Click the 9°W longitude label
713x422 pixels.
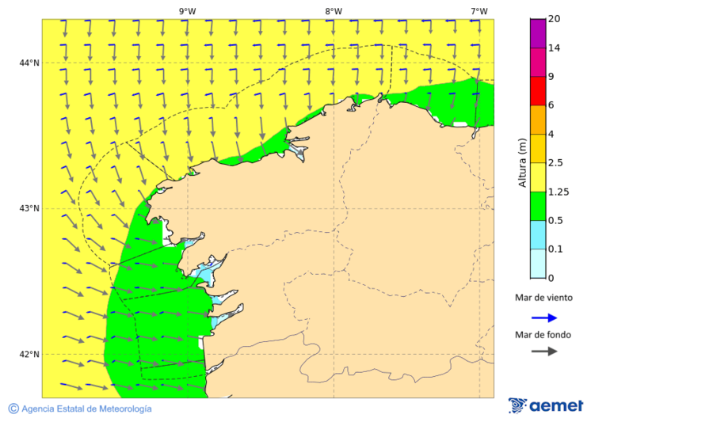click(x=187, y=11)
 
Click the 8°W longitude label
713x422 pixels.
click(x=334, y=11)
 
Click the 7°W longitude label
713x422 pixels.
click(x=479, y=11)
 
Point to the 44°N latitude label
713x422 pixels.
click(x=29, y=63)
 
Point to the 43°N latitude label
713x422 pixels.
click(x=29, y=208)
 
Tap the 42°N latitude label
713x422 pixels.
click(x=29, y=354)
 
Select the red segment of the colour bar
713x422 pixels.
click(x=538, y=91)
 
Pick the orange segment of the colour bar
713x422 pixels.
click(x=538, y=120)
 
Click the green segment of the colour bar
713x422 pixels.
click(x=538, y=206)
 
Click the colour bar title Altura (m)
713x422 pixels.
click(x=522, y=162)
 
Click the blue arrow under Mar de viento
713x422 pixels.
click(x=544, y=317)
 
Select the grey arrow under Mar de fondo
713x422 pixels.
click(x=544, y=351)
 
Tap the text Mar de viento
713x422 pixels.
click(x=543, y=298)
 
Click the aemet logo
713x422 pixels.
click(x=547, y=405)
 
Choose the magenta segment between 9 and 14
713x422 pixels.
click(x=538, y=63)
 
